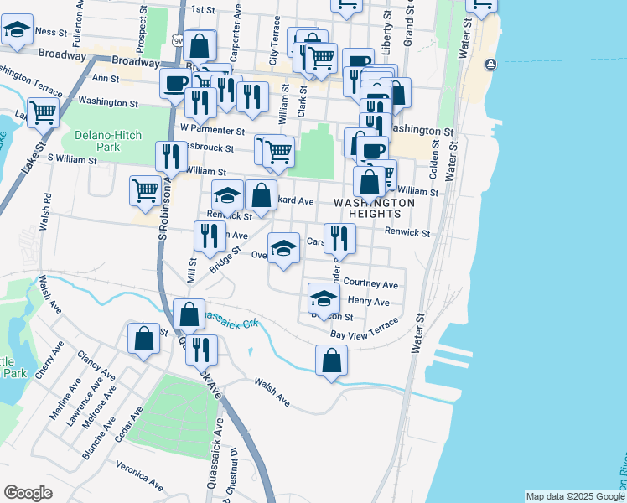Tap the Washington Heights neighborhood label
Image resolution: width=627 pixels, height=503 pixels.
point(375,209)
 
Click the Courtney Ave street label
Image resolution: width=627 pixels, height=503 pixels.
point(371,285)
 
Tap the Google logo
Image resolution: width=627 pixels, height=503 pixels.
point(28,493)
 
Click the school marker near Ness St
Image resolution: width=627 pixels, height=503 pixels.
point(16,31)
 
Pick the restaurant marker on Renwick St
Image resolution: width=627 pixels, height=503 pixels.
point(339,238)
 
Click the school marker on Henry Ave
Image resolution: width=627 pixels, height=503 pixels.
point(324,298)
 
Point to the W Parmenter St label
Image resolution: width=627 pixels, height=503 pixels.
point(212,131)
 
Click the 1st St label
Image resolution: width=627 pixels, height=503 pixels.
point(204,9)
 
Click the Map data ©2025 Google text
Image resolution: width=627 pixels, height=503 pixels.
point(575,496)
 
